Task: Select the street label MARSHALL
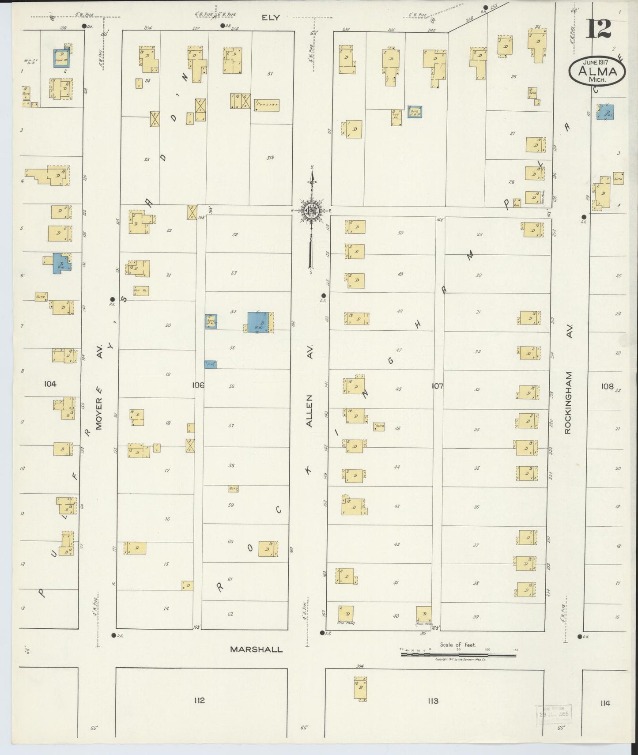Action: pos(256,649)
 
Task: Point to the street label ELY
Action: pos(270,18)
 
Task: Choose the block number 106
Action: pos(198,385)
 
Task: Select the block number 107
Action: pos(437,386)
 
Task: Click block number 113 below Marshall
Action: pos(433,701)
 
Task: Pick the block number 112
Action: pos(199,700)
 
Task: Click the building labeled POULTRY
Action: pos(267,105)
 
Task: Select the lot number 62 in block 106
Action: pos(230,614)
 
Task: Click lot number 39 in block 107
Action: pos(475,617)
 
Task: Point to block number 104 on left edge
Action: pos(50,384)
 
